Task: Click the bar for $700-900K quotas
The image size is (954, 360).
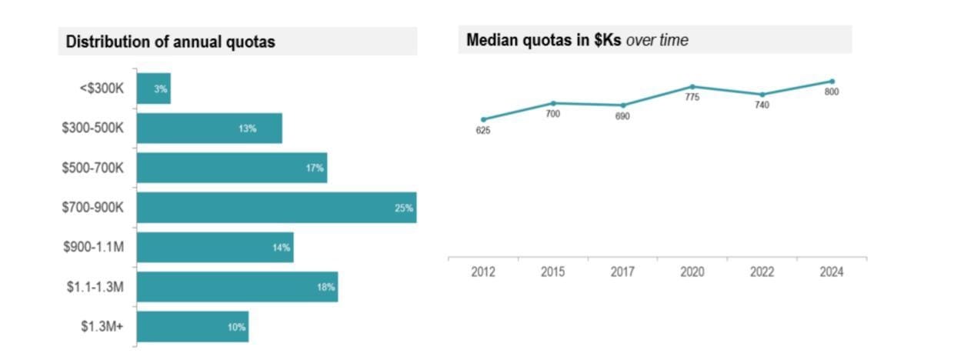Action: coord(276,208)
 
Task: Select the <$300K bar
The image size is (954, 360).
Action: coord(154,88)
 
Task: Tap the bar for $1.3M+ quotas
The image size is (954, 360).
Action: coord(192,327)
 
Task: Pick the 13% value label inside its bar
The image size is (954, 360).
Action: coord(247,128)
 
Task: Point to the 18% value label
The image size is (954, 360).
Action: coord(326,288)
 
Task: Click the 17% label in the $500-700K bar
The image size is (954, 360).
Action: coord(315,168)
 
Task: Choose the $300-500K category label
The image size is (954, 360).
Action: coord(93,128)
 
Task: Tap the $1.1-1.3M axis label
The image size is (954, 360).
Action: coord(95,287)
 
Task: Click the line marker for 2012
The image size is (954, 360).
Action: coord(483,119)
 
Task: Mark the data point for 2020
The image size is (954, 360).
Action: coord(692,87)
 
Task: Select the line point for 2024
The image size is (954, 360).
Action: coord(832,82)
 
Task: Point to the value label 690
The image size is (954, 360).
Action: coord(622,116)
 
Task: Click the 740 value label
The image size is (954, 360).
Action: coord(762,105)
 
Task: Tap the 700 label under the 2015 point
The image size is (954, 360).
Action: coord(552,114)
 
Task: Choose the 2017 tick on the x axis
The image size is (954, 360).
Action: coord(622,272)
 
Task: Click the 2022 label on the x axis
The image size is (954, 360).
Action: coord(762,272)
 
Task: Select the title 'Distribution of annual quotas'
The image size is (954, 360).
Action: coord(170,42)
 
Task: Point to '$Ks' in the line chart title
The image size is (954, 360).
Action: coord(607,41)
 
